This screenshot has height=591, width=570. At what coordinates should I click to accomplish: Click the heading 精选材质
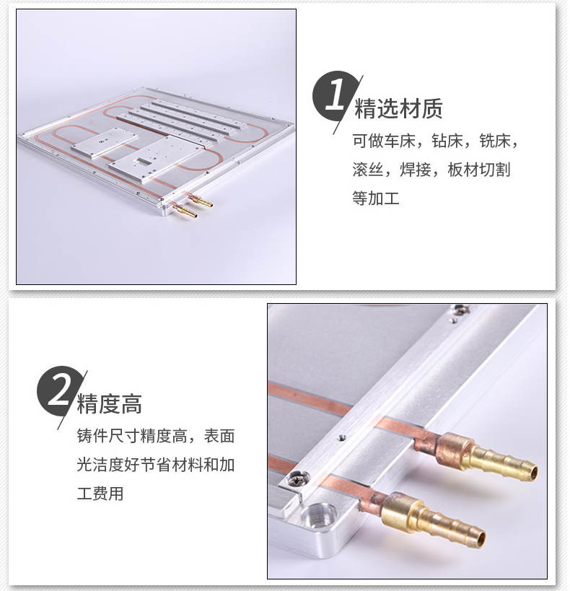[398, 109]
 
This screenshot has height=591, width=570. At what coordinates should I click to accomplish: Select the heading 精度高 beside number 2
[109, 403]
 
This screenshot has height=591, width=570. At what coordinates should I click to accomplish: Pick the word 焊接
[415, 170]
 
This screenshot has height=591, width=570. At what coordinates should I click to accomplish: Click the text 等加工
[375, 198]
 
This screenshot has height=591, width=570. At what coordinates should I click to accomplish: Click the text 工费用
[100, 494]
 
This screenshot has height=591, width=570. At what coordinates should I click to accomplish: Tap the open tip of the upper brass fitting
[532, 473]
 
